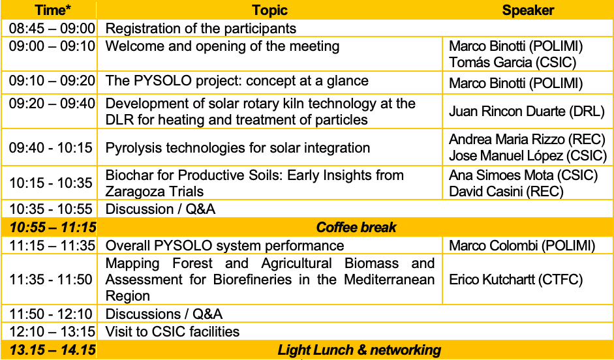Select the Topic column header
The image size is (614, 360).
click(x=269, y=10)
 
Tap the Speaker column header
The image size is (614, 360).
click(x=528, y=10)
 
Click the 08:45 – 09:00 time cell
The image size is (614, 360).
click(x=52, y=29)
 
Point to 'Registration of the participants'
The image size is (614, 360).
click(x=201, y=29)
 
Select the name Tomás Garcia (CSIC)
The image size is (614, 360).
click(x=513, y=62)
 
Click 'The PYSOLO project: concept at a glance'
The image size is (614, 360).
click(x=237, y=81)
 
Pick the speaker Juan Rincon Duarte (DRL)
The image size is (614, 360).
click(x=527, y=112)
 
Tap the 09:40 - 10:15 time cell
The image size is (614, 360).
click(x=50, y=148)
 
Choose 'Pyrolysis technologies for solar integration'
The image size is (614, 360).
click(x=238, y=148)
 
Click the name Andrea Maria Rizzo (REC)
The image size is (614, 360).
click(x=527, y=139)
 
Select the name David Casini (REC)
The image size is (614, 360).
click(x=506, y=191)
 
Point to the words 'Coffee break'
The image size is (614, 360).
click(x=356, y=228)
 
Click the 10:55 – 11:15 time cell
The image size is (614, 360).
click(x=52, y=228)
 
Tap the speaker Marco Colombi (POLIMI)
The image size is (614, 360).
click(x=522, y=246)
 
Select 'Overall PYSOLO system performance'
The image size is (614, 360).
click(x=224, y=246)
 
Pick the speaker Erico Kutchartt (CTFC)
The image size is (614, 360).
click(x=515, y=279)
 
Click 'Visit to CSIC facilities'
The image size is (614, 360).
click(x=172, y=332)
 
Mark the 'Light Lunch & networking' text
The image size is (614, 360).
click(x=359, y=350)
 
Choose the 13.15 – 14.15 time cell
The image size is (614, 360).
click(x=52, y=350)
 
